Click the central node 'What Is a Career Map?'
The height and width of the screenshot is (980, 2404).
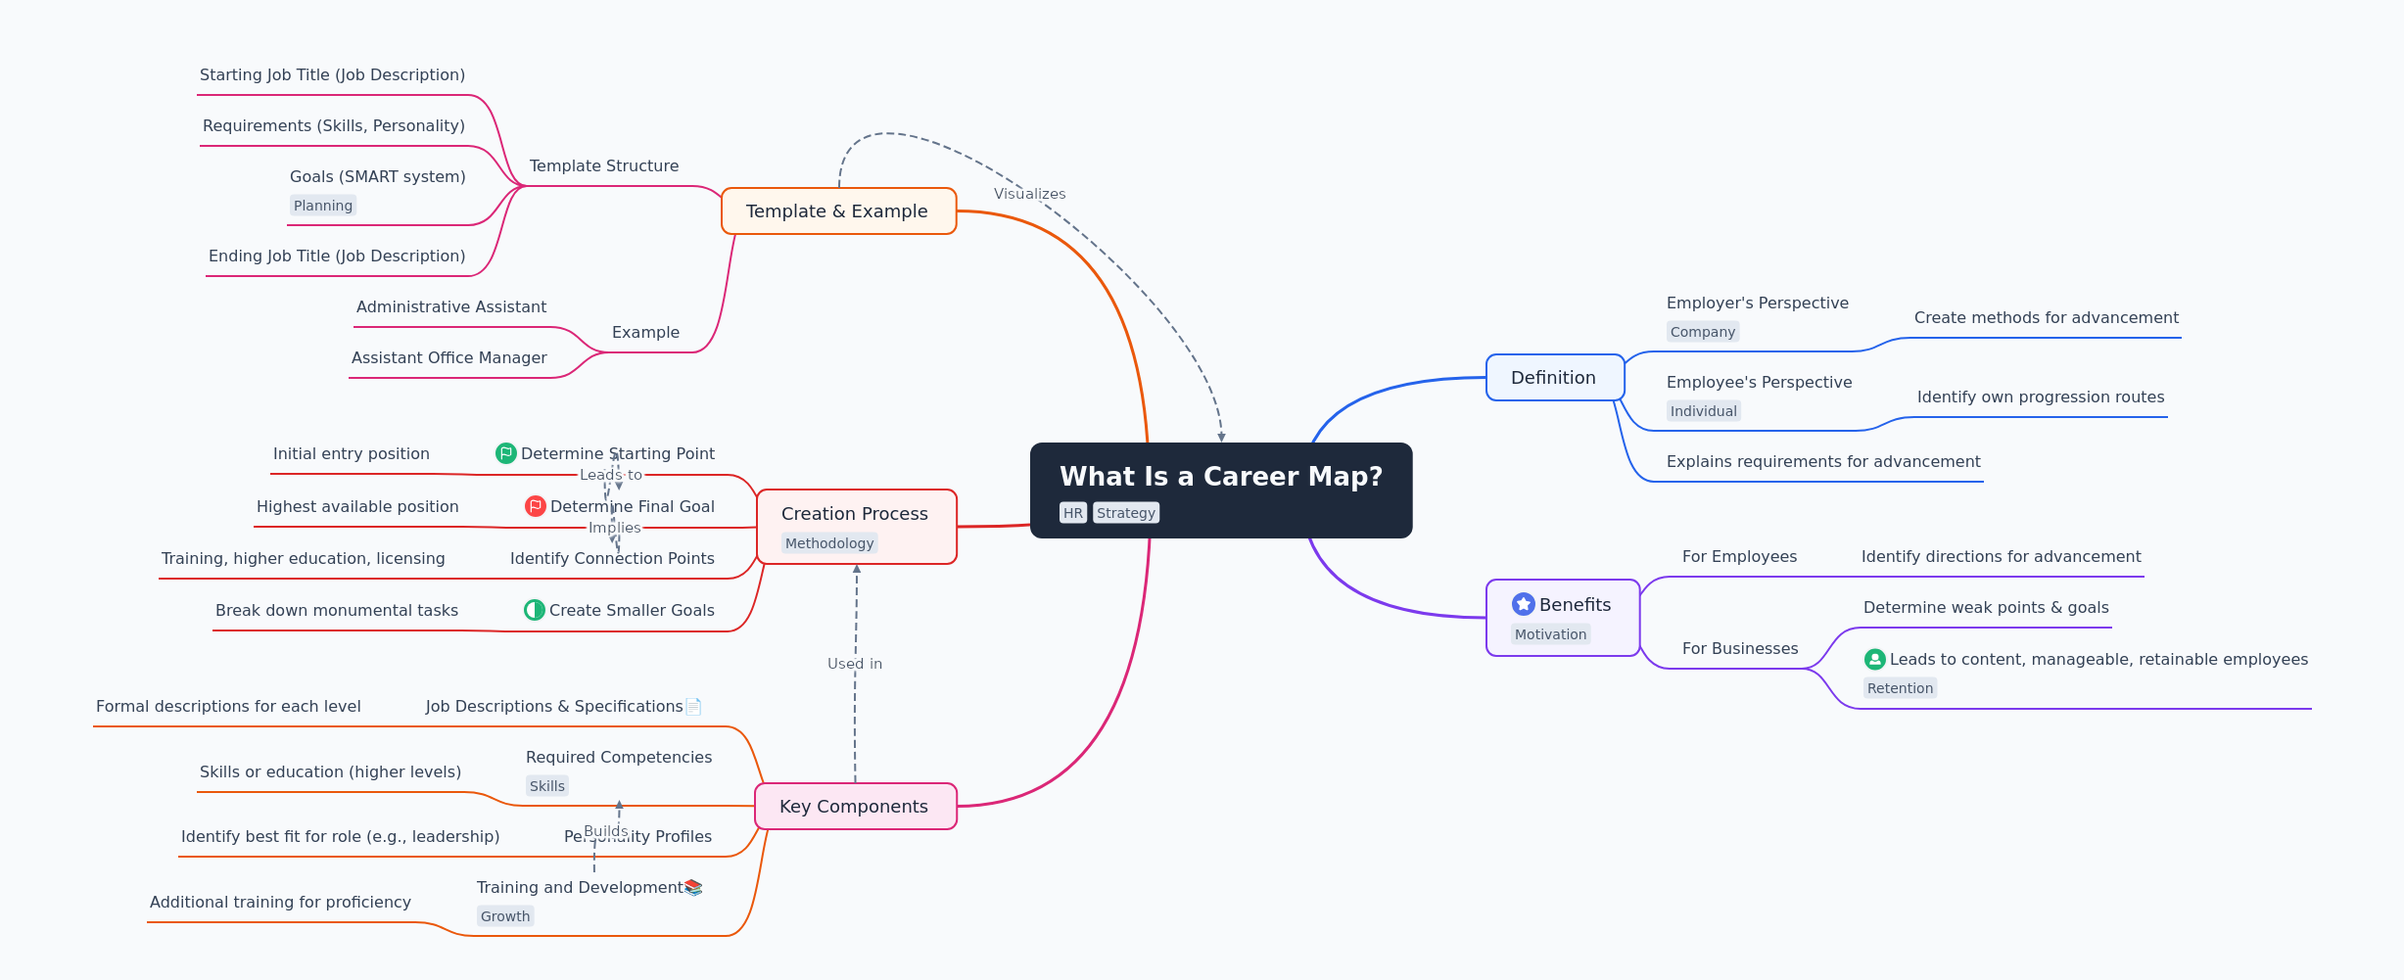pyautogui.click(x=1220, y=477)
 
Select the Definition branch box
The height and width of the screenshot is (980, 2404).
pyautogui.click(x=1554, y=378)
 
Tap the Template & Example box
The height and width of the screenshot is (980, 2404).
pyautogui.click(x=837, y=211)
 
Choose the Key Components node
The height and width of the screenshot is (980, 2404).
pyautogui.click(x=854, y=807)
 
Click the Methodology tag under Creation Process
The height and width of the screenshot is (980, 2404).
pyautogui.click(x=829, y=543)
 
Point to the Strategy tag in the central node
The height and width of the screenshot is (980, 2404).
pyautogui.click(x=1126, y=513)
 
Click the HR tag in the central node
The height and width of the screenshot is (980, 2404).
pyautogui.click(x=1073, y=513)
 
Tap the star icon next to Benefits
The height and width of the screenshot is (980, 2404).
pyautogui.click(x=1524, y=604)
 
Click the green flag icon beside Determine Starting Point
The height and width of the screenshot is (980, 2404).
pyautogui.click(x=506, y=453)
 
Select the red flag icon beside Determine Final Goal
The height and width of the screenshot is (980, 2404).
pyautogui.click(x=536, y=506)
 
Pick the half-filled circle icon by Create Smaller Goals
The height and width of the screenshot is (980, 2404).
pyautogui.click(x=535, y=610)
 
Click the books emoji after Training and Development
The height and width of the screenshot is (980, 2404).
pyautogui.click(x=693, y=888)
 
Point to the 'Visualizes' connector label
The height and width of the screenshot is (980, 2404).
pyautogui.click(x=1029, y=194)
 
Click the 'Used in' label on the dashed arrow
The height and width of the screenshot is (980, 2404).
pyautogui.click(x=855, y=664)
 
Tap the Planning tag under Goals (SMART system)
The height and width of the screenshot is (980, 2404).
pyautogui.click(x=323, y=206)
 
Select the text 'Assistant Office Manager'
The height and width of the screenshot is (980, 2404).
pyautogui.click(x=448, y=358)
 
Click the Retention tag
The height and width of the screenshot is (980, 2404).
pyautogui.click(x=1900, y=688)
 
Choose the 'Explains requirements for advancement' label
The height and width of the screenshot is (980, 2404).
pyautogui.click(x=1822, y=462)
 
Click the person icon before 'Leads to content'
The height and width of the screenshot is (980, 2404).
pyautogui.click(x=1875, y=660)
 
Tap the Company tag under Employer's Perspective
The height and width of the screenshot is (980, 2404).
pyautogui.click(x=1703, y=332)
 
